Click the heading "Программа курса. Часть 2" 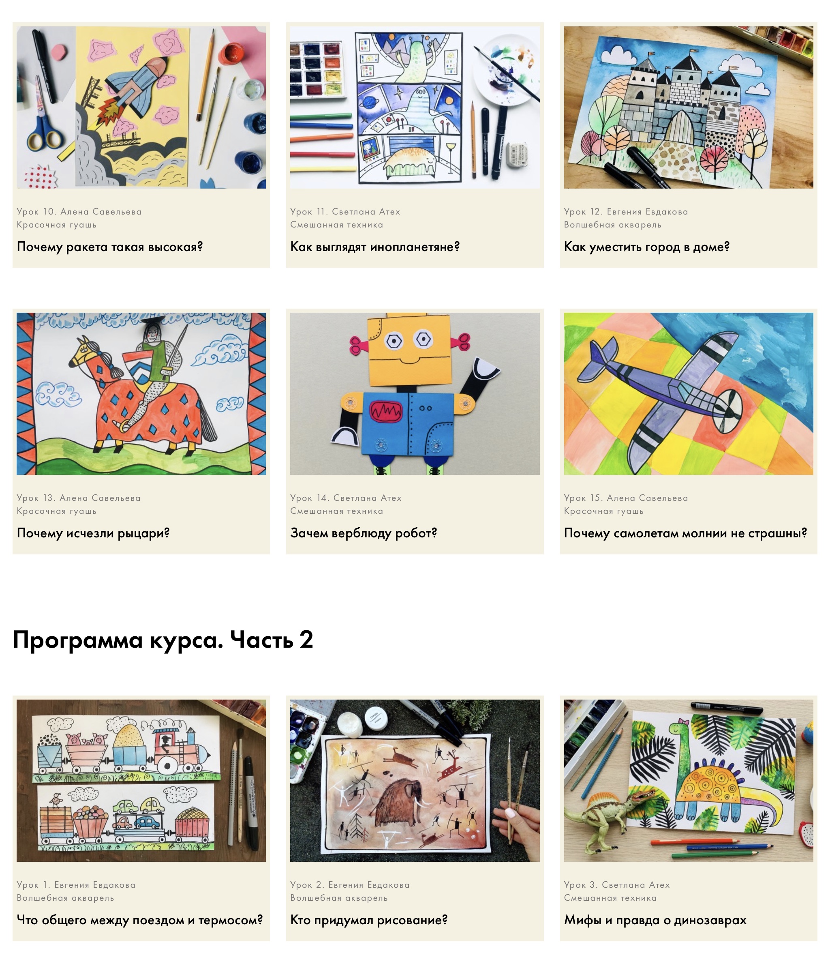tap(163, 640)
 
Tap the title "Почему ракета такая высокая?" tap(110, 247)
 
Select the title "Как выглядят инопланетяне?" tap(375, 247)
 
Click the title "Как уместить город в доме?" tap(647, 247)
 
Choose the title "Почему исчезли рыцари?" tap(93, 533)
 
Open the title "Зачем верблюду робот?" tap(364, 533)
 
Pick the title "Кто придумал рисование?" tap(369, 920)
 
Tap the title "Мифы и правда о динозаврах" tap(655, 920)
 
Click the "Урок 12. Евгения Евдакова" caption tap(626, 212)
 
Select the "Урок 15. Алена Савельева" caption tap(626, 498)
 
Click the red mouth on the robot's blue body tap(385, 411)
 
